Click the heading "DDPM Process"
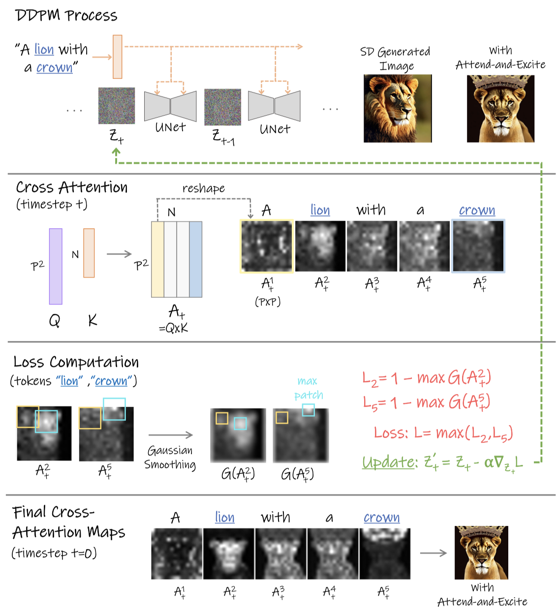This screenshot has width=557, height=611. (x=66, y=15)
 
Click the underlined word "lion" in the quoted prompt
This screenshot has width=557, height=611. (x=44, y=50)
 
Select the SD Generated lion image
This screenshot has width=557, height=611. (x=398, y=109)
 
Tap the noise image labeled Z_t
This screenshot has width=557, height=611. (x=117, y=106)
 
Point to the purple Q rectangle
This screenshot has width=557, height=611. (x=56, y=266)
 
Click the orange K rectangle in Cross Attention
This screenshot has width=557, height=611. (x=89, y=253)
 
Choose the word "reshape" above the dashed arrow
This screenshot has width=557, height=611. (x=203, y=188)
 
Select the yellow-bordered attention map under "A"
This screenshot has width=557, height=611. (x=267, y=246)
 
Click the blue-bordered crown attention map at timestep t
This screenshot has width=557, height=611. (x=478, y=246)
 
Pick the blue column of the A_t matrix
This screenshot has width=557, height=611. (x=195, y=259)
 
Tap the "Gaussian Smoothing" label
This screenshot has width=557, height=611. (x=170, y=458)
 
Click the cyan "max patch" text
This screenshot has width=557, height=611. (x=308, y=388)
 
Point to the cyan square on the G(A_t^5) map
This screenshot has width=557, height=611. (x=308, y=410)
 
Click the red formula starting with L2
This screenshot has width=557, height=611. (x=427, y=378)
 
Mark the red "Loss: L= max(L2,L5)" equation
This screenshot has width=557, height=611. (x=443, y=433)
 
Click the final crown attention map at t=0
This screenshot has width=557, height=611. (x=385, y=553)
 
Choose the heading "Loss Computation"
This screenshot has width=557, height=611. (x=76, y=362)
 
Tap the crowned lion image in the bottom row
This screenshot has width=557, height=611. (x=481, y=552)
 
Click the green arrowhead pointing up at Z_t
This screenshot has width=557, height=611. (x=117, y=153)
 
